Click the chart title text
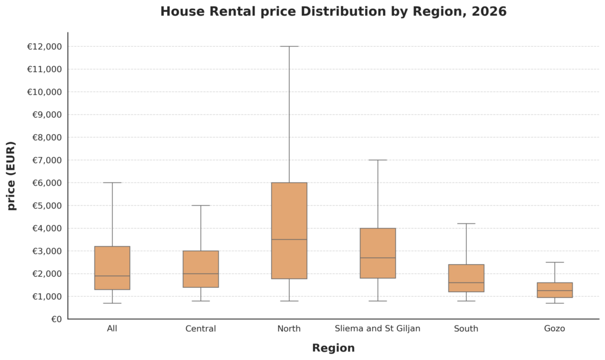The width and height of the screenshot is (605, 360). (333, 12)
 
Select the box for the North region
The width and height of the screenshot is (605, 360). (289, 231)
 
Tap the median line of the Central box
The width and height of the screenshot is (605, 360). (201, 274)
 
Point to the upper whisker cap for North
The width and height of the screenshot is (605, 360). (289, 46)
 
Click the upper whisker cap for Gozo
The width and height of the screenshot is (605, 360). (555, 262)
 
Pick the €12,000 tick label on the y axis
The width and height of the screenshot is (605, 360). (44, 47)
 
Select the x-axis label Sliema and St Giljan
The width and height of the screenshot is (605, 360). (378, 329)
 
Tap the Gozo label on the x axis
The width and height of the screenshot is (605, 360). (555, 329)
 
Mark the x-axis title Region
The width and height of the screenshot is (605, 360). (333, 348)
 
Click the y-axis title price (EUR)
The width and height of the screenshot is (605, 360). (12, 176)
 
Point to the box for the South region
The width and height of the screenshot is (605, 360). (466, 278)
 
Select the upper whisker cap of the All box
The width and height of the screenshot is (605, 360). (112, 183)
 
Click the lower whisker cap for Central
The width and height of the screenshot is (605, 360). (201, 301)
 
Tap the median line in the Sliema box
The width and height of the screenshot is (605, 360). (378, 258)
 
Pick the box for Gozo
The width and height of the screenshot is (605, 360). (555, 290)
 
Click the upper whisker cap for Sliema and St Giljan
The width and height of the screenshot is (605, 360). (378, 160)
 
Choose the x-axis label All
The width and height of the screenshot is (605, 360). (112, 329)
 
